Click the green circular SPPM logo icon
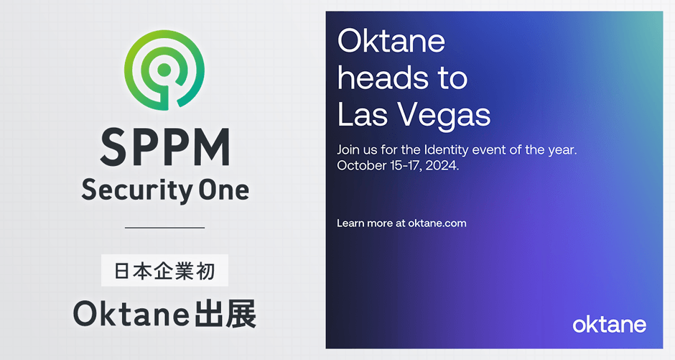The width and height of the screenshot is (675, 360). pos(164,70)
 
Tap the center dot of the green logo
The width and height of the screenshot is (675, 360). pos(164,69)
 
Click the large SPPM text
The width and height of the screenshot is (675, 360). pos(165,147)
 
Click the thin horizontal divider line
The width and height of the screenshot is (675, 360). pos(165,227)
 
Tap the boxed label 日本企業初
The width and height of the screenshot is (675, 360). pos(164,270)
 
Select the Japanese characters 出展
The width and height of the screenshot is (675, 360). pos(225,313)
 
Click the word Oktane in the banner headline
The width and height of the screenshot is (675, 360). pos(391,41)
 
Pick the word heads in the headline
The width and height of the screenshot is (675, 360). pos(381,78)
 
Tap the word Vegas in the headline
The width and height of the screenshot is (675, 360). pos(443,115)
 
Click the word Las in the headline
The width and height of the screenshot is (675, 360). pos(363,114)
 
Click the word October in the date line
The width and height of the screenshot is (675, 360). pos(362,165)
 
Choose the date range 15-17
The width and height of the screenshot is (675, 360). pos(406,166)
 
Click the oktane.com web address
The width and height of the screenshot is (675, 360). pos(437,223)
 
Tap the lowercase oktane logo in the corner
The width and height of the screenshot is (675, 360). pos(609,324)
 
